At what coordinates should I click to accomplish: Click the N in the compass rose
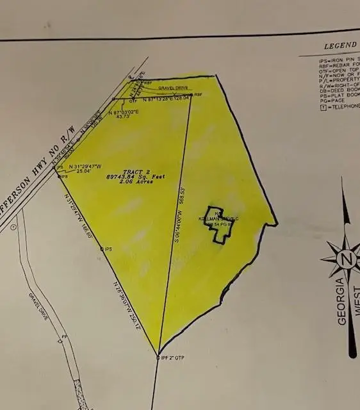tap(347, 259)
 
